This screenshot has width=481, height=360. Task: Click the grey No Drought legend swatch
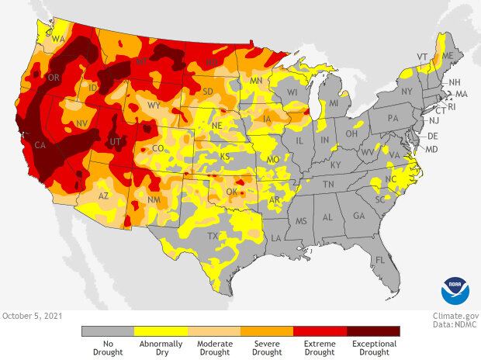coord(108,331)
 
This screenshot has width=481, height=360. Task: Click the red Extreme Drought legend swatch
coord(320,331)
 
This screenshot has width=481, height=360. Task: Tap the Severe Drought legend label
coord(266,348)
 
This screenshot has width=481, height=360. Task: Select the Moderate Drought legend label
coord(213,348)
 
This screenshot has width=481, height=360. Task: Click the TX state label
coord(210,235)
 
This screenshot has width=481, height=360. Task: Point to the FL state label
coord(380,259)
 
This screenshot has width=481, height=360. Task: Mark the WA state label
coord(57,38)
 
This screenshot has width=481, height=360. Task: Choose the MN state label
coord(257,80)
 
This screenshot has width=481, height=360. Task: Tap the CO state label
coord(157,147)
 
